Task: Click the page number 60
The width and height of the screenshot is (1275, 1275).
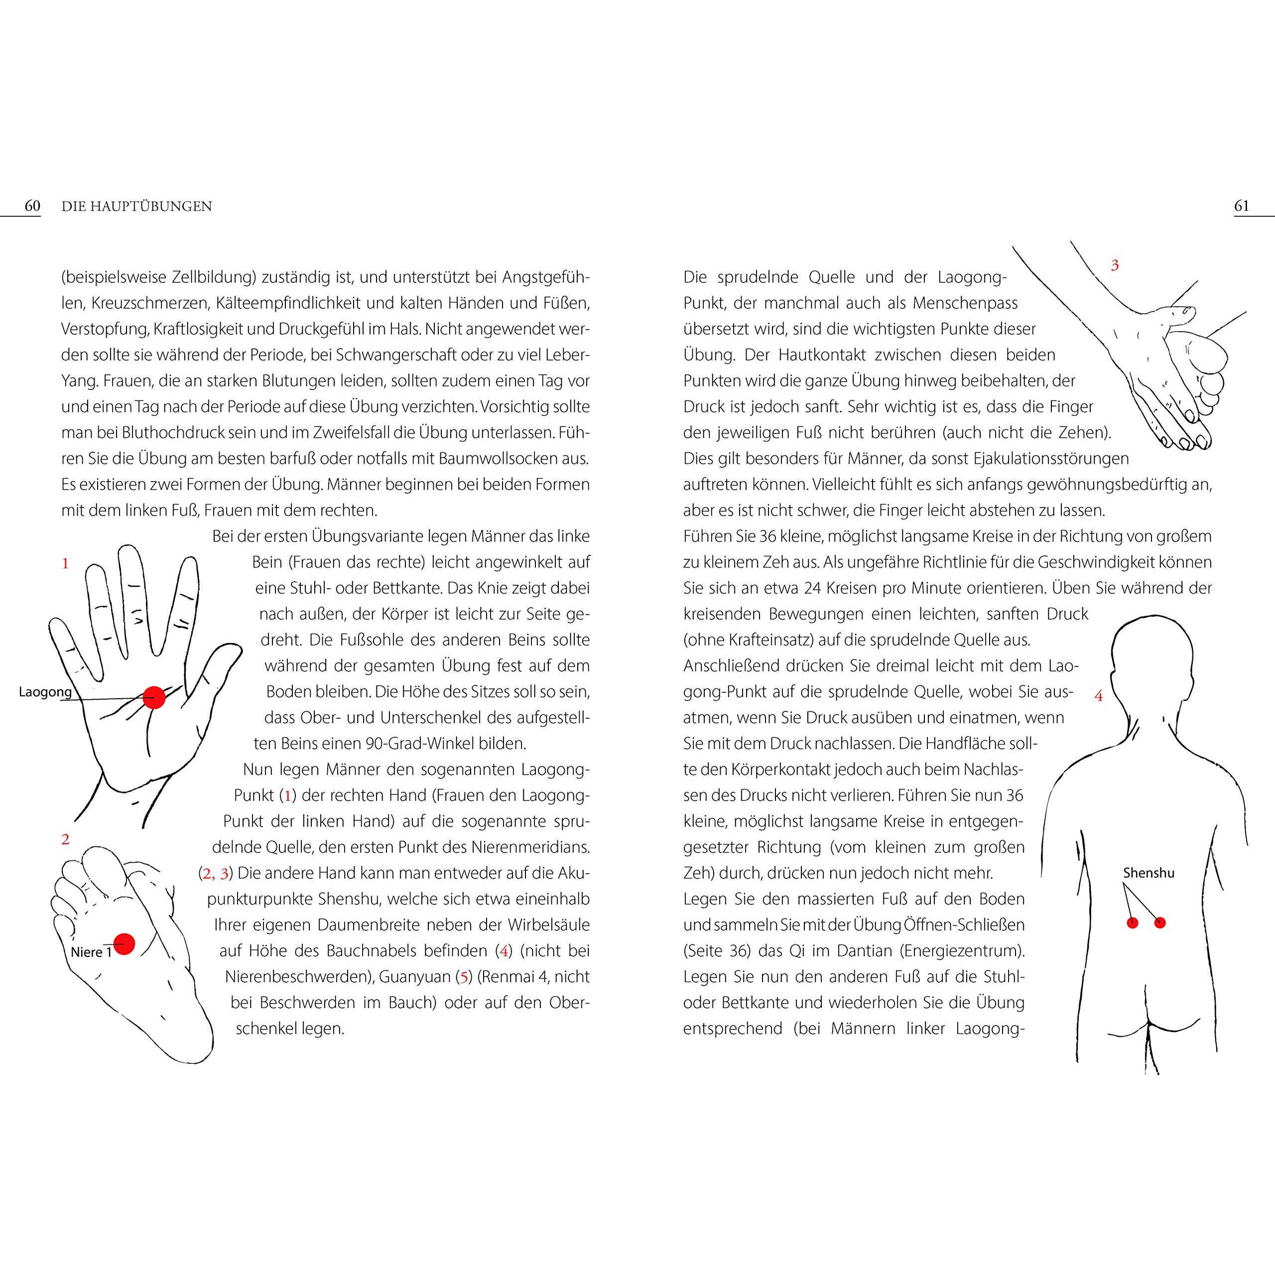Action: point(32,206)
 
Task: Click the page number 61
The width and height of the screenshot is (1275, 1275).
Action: point(1241,206)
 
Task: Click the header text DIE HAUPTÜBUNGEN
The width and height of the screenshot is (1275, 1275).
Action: point(136,207)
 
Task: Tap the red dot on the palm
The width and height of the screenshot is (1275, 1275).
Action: point(154,698)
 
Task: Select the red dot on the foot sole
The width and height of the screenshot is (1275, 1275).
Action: point(124,944)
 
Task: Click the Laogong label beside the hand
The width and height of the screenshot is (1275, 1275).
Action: point(45,692)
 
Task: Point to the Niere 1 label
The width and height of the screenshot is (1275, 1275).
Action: point(91,952)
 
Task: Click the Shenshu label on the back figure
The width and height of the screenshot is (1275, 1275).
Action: point(1149,873)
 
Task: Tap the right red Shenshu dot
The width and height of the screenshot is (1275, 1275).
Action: point(1159,922)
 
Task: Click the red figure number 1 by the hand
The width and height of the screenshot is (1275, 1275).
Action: point(65,564)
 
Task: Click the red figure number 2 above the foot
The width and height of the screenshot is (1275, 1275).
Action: point(65,839)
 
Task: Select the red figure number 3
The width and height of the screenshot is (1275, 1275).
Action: point(1115,265)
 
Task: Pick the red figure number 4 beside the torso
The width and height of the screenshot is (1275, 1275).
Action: point(1099,696)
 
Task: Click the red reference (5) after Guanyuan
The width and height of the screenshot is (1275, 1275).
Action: point(465,977)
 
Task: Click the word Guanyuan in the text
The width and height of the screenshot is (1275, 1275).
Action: point(414,977)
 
